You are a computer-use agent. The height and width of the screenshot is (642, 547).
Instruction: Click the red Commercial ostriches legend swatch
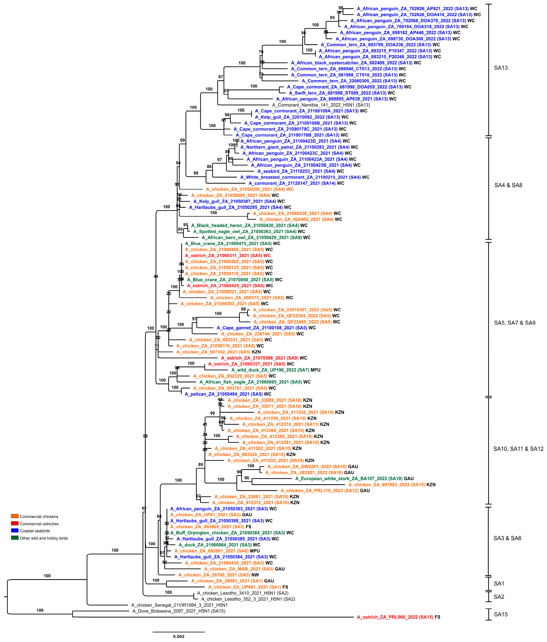pos(15,523)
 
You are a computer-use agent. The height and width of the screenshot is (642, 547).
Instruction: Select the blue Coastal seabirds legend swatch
pos(15,530)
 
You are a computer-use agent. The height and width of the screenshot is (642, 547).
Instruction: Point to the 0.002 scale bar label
pos(179,636)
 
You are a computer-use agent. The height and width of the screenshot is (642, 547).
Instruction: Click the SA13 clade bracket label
pos(501,68)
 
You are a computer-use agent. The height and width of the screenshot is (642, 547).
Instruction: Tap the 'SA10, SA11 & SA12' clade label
pos(518,449)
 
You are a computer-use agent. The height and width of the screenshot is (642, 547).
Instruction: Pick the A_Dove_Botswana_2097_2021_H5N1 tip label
pos(179,611)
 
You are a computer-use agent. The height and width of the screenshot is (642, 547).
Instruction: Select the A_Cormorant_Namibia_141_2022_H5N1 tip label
pos(321,105)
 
